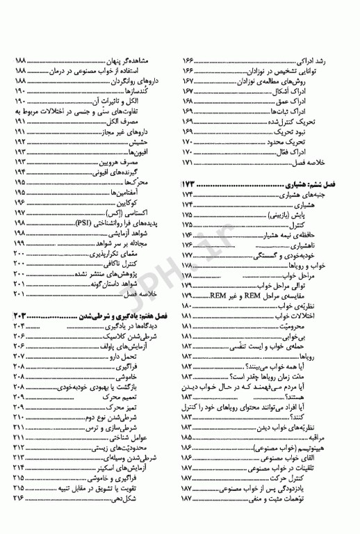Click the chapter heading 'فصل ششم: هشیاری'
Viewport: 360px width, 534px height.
click(317, 184)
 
